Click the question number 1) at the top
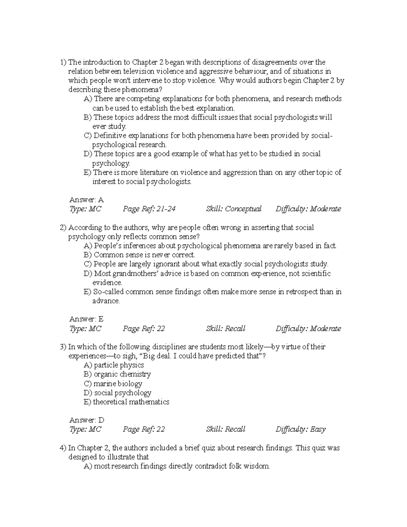point(63,62)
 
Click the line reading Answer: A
point(86,200)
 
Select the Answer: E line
point(86,319)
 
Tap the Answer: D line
point(86,420)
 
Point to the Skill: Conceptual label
point(234,209)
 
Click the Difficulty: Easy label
point(301,429)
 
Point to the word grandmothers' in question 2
point(131,274)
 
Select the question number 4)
point(63,448)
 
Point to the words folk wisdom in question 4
point(249,466)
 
